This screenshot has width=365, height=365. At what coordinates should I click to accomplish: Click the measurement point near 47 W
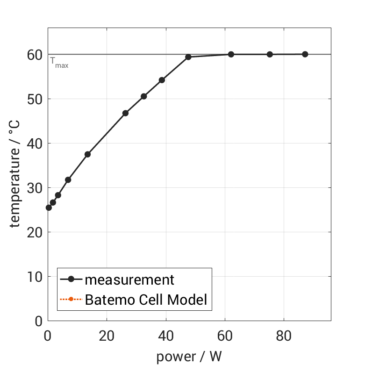point(188,57)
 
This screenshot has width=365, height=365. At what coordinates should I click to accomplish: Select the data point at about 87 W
point(305,54)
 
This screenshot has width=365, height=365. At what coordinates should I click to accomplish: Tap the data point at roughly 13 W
point(87,154)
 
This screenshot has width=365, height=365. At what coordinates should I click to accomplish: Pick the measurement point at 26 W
point(125,113)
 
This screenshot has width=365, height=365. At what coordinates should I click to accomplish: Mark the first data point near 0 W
point(49,208)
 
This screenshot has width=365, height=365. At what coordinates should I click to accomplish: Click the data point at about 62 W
point(231,54)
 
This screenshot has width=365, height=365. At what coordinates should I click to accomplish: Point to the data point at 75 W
point(270,54)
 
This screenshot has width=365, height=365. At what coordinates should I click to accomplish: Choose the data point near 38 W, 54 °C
point(162,80)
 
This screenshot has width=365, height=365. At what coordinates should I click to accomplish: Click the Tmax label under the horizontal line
point(59,63)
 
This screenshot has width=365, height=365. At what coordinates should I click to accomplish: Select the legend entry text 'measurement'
point(129,280)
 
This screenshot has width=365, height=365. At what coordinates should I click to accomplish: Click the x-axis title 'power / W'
point(189,356)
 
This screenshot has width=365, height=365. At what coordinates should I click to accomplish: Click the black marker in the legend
point(71,279)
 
